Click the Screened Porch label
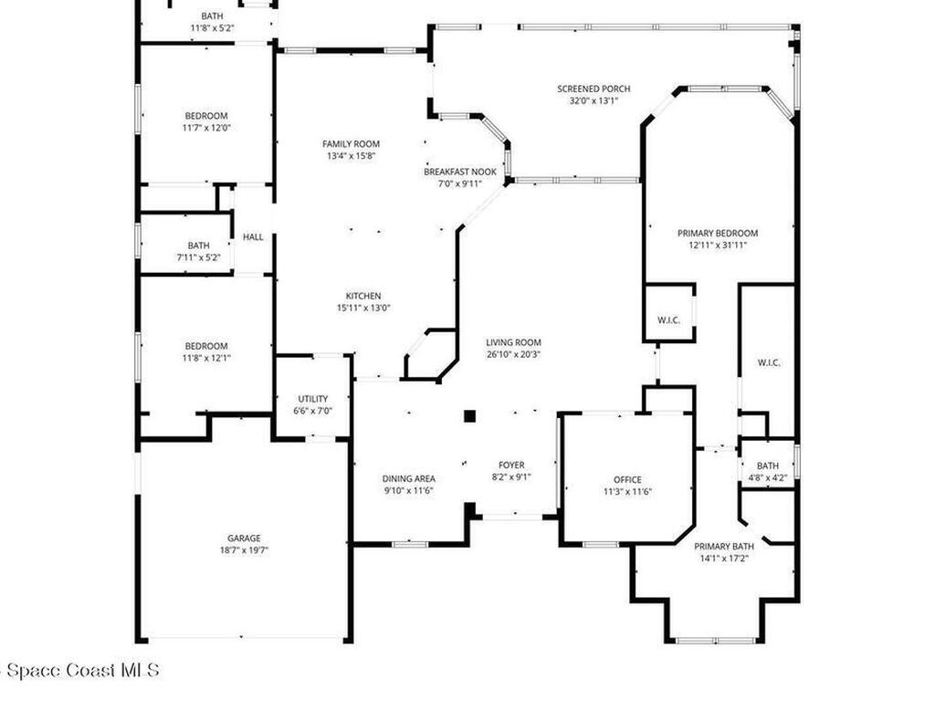594,89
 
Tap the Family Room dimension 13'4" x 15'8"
351,156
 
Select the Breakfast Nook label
460,172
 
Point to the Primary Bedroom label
717,233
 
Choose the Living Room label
513,342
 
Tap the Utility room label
313,399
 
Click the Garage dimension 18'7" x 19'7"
244,549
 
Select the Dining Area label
408,478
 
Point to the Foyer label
511,465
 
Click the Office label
627,479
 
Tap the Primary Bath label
723,546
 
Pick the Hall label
253,237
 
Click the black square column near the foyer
469,416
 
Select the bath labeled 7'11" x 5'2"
198,251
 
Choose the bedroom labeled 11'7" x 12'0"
206,121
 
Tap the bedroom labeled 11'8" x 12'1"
206,351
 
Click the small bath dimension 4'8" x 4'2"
768,476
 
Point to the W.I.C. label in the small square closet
669,320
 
